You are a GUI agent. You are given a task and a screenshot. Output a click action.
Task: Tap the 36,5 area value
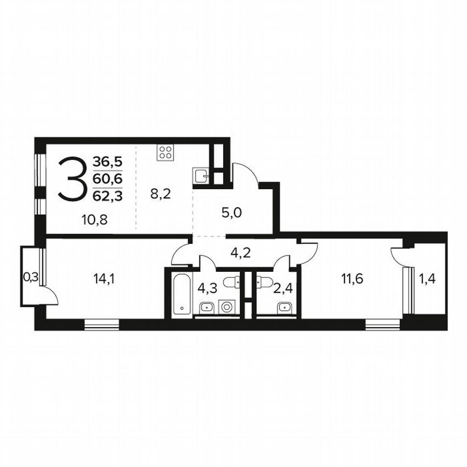(x=108, y=162)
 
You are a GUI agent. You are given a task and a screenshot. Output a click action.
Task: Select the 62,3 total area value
(x=108, y=196)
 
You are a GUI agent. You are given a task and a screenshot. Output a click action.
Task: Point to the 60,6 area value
(x=108, y=179)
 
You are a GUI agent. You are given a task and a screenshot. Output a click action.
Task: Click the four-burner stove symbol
(x=165, y=152)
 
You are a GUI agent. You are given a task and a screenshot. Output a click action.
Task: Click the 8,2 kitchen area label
(x=160, y=194)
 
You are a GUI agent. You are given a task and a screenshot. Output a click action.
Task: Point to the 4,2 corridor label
(x=241, y=252)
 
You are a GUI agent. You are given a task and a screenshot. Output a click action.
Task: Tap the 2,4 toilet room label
(x=283, y=287)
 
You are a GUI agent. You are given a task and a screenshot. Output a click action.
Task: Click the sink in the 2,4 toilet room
(x=282, y=308)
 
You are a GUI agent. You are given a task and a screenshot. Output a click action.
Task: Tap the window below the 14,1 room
(x=101, y=324)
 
